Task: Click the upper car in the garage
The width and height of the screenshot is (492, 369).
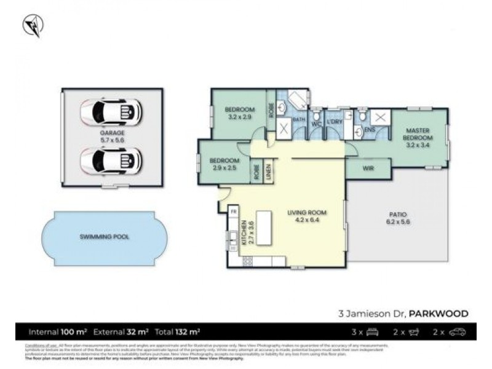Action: (x=111, y=111)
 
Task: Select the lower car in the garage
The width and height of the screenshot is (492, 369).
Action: (x=111, y=161)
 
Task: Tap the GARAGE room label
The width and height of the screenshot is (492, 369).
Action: (x=112, y=132)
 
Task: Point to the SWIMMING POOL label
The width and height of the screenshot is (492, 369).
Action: (x=104, y=237)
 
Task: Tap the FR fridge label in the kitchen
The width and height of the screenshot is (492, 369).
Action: (x=234, y=212)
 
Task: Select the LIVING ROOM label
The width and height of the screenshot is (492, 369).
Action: (x=307, y=213)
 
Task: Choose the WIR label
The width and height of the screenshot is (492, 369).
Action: (x=369, y=167)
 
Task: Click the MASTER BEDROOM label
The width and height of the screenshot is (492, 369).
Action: (x=418, y=134)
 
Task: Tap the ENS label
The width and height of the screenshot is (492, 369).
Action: (x=370, y=130)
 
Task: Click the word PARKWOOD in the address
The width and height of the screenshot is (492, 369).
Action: (x=440, y=314)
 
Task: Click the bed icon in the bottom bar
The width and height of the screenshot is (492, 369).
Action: (x=372, y=332)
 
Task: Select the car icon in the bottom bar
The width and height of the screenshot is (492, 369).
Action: (x=457, y=332)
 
